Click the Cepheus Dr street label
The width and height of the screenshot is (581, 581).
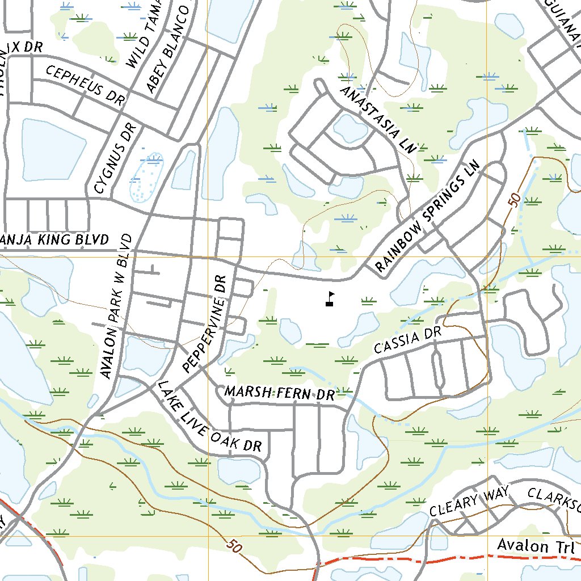click(x=85, y=86)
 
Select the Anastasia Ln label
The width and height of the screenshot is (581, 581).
click(x=377, y=119)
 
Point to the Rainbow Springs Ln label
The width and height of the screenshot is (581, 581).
click(x=427, y=218)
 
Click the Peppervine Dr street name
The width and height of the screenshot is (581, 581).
click(x=205, y=324)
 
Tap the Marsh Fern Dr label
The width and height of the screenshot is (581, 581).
click(x=280, y=393)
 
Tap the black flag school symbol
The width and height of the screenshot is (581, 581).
click(x=330, y=299)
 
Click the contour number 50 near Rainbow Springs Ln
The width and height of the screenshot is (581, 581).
click(x=514, y=200)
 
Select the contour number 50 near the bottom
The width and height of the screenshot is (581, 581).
click(x=232, y=546)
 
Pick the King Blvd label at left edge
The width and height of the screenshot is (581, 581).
click(x=54, y=239)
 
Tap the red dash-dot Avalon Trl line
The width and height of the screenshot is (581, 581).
click(x=397, y=558)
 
